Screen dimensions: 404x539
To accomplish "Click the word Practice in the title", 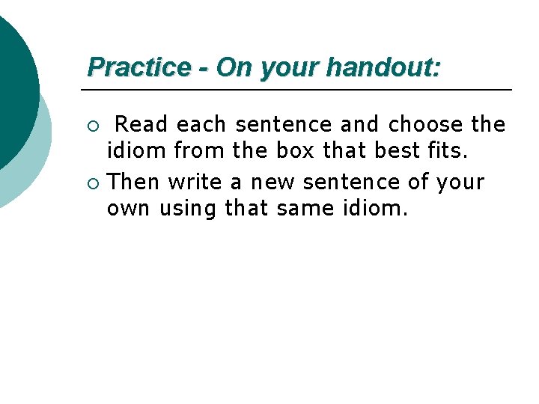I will click(x=139, y=67).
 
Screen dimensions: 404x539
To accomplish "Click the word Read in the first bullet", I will click(x=142, y=123).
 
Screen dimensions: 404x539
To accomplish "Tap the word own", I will click(x=129, y=209).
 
